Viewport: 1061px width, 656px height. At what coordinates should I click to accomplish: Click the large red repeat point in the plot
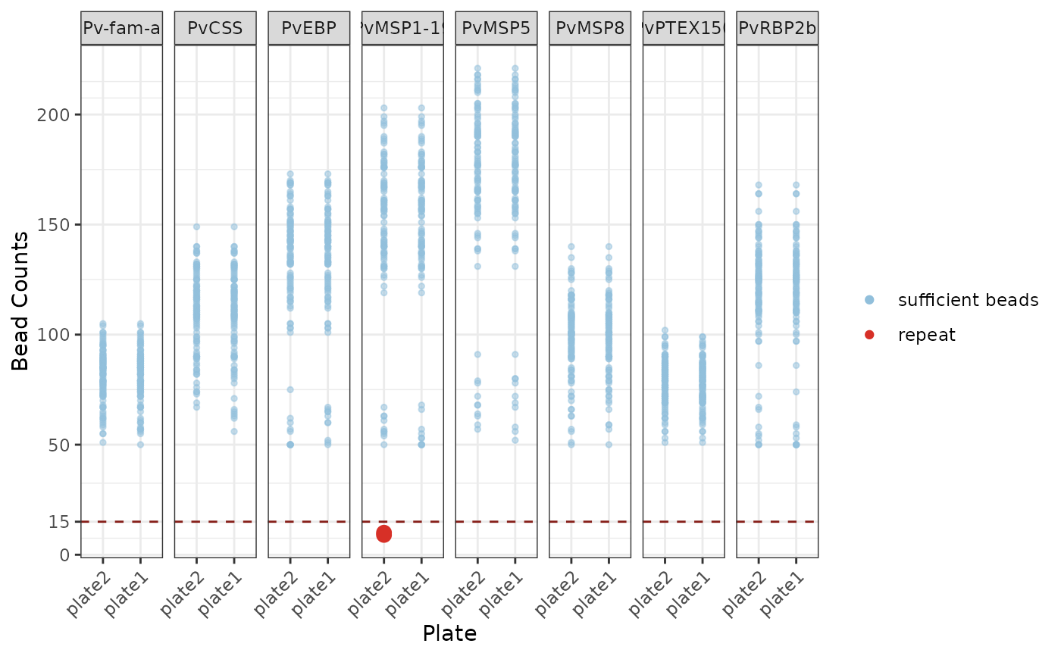coord(383,533)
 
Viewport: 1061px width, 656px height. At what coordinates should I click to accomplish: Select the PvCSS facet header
coord(215,30)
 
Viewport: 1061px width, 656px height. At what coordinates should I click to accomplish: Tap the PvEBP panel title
coord(308,30)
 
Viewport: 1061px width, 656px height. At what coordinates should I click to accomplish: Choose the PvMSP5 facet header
coord(496,30)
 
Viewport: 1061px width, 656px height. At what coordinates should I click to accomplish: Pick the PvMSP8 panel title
coord(590,30)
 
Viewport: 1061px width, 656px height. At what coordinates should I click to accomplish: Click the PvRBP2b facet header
coord(777,30)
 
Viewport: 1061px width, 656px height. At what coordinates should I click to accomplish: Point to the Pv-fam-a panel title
coord(121,30)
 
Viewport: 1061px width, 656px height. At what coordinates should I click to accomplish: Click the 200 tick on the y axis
coord(59,114)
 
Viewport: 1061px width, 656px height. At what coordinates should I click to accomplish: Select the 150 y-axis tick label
coord(59,225)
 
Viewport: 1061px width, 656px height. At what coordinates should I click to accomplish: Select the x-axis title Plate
coord(449,633)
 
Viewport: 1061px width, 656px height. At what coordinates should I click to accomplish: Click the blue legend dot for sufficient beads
coord(869,300)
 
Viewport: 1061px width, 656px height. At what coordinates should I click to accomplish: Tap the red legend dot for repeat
coord(869,335)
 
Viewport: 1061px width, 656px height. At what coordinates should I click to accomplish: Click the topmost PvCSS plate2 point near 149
coord(196,226)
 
